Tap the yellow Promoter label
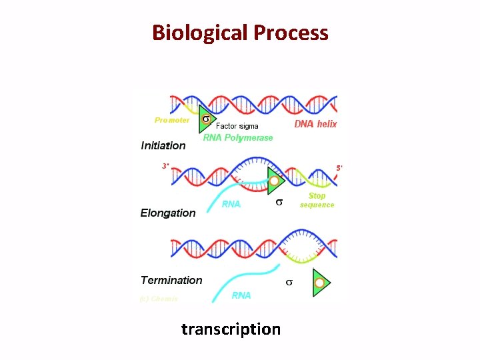(172, 120)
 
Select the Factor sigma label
(237, 126)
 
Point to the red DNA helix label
(315, 124)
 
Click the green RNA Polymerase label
(238, 138)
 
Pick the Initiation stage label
(163, 145)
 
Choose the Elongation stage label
(168, 213)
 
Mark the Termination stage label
(171, 280)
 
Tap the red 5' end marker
(339, 169)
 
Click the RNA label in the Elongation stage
(231, 204)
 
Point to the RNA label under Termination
(241, 295)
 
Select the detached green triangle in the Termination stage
(320, 283)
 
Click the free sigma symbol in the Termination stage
(289, 283)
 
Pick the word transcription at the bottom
(231, 329)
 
